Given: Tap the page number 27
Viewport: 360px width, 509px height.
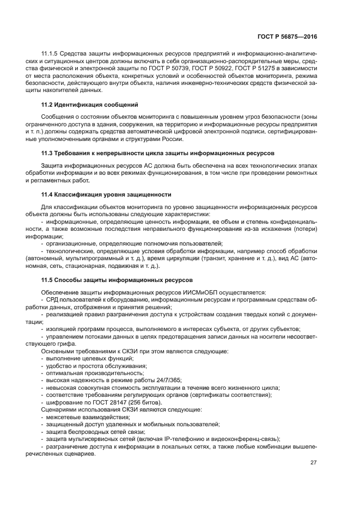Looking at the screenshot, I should coord(313,463).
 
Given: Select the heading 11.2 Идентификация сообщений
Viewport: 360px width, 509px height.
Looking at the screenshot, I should coord(90,104).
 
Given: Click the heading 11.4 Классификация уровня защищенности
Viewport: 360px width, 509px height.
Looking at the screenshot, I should coord(106,194).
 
